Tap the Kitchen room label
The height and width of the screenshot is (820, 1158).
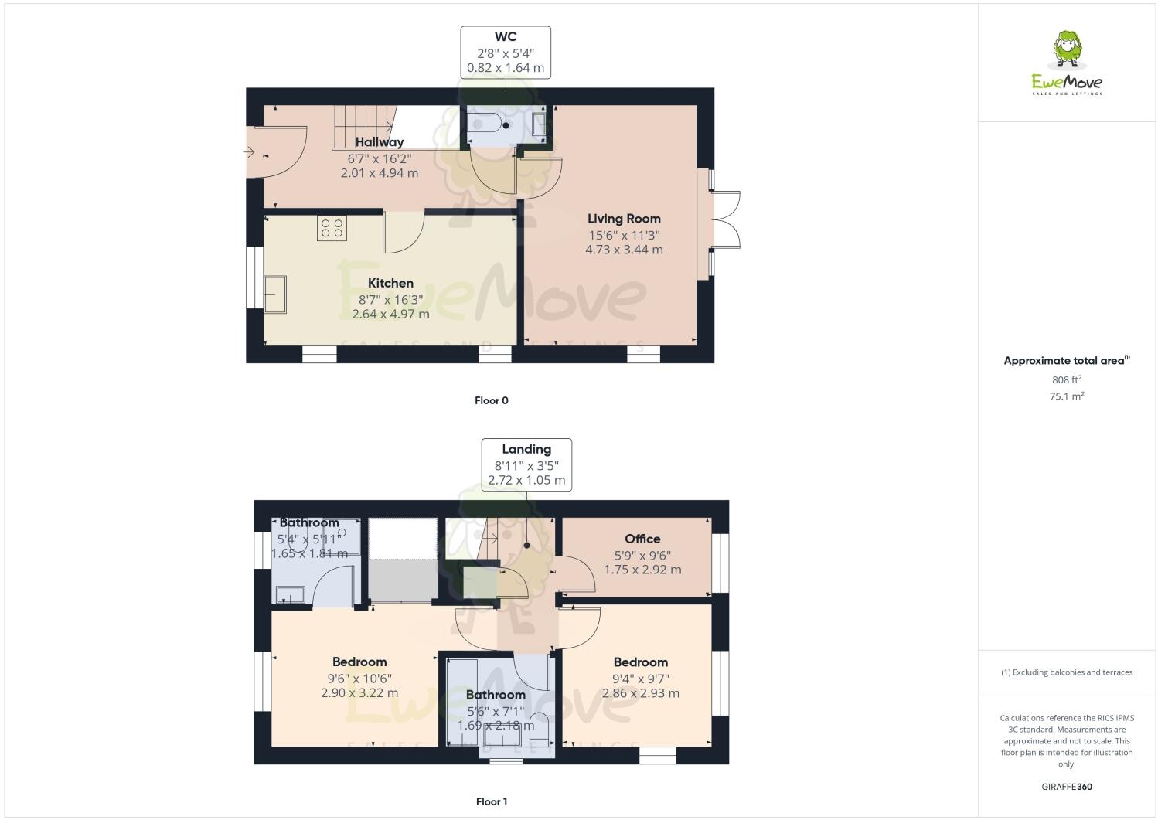coord(390,283)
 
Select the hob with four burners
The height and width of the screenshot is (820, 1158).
coord(332,228)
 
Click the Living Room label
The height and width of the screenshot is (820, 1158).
coord(624,219)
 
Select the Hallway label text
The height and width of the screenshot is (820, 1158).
coord(380,142)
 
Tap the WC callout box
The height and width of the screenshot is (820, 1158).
coord(506,53)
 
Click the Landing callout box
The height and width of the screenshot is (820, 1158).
coord(526,464)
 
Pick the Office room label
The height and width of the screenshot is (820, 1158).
coord(642,539)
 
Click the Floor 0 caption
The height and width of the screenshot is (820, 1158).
coord(492,400)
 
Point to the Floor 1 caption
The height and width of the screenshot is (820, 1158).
coord(492,801)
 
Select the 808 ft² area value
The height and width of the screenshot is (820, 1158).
coord(1067,379)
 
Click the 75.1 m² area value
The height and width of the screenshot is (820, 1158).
coord(1067,396)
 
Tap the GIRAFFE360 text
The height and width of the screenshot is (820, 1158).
coord(1067,787)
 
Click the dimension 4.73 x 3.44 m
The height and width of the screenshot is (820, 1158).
coord(624,250)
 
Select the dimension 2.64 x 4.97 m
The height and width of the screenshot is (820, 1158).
coord(390,314)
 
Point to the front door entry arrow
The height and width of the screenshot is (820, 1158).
coord(249,152)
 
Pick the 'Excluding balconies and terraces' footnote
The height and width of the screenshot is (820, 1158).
coord(1067,672)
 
